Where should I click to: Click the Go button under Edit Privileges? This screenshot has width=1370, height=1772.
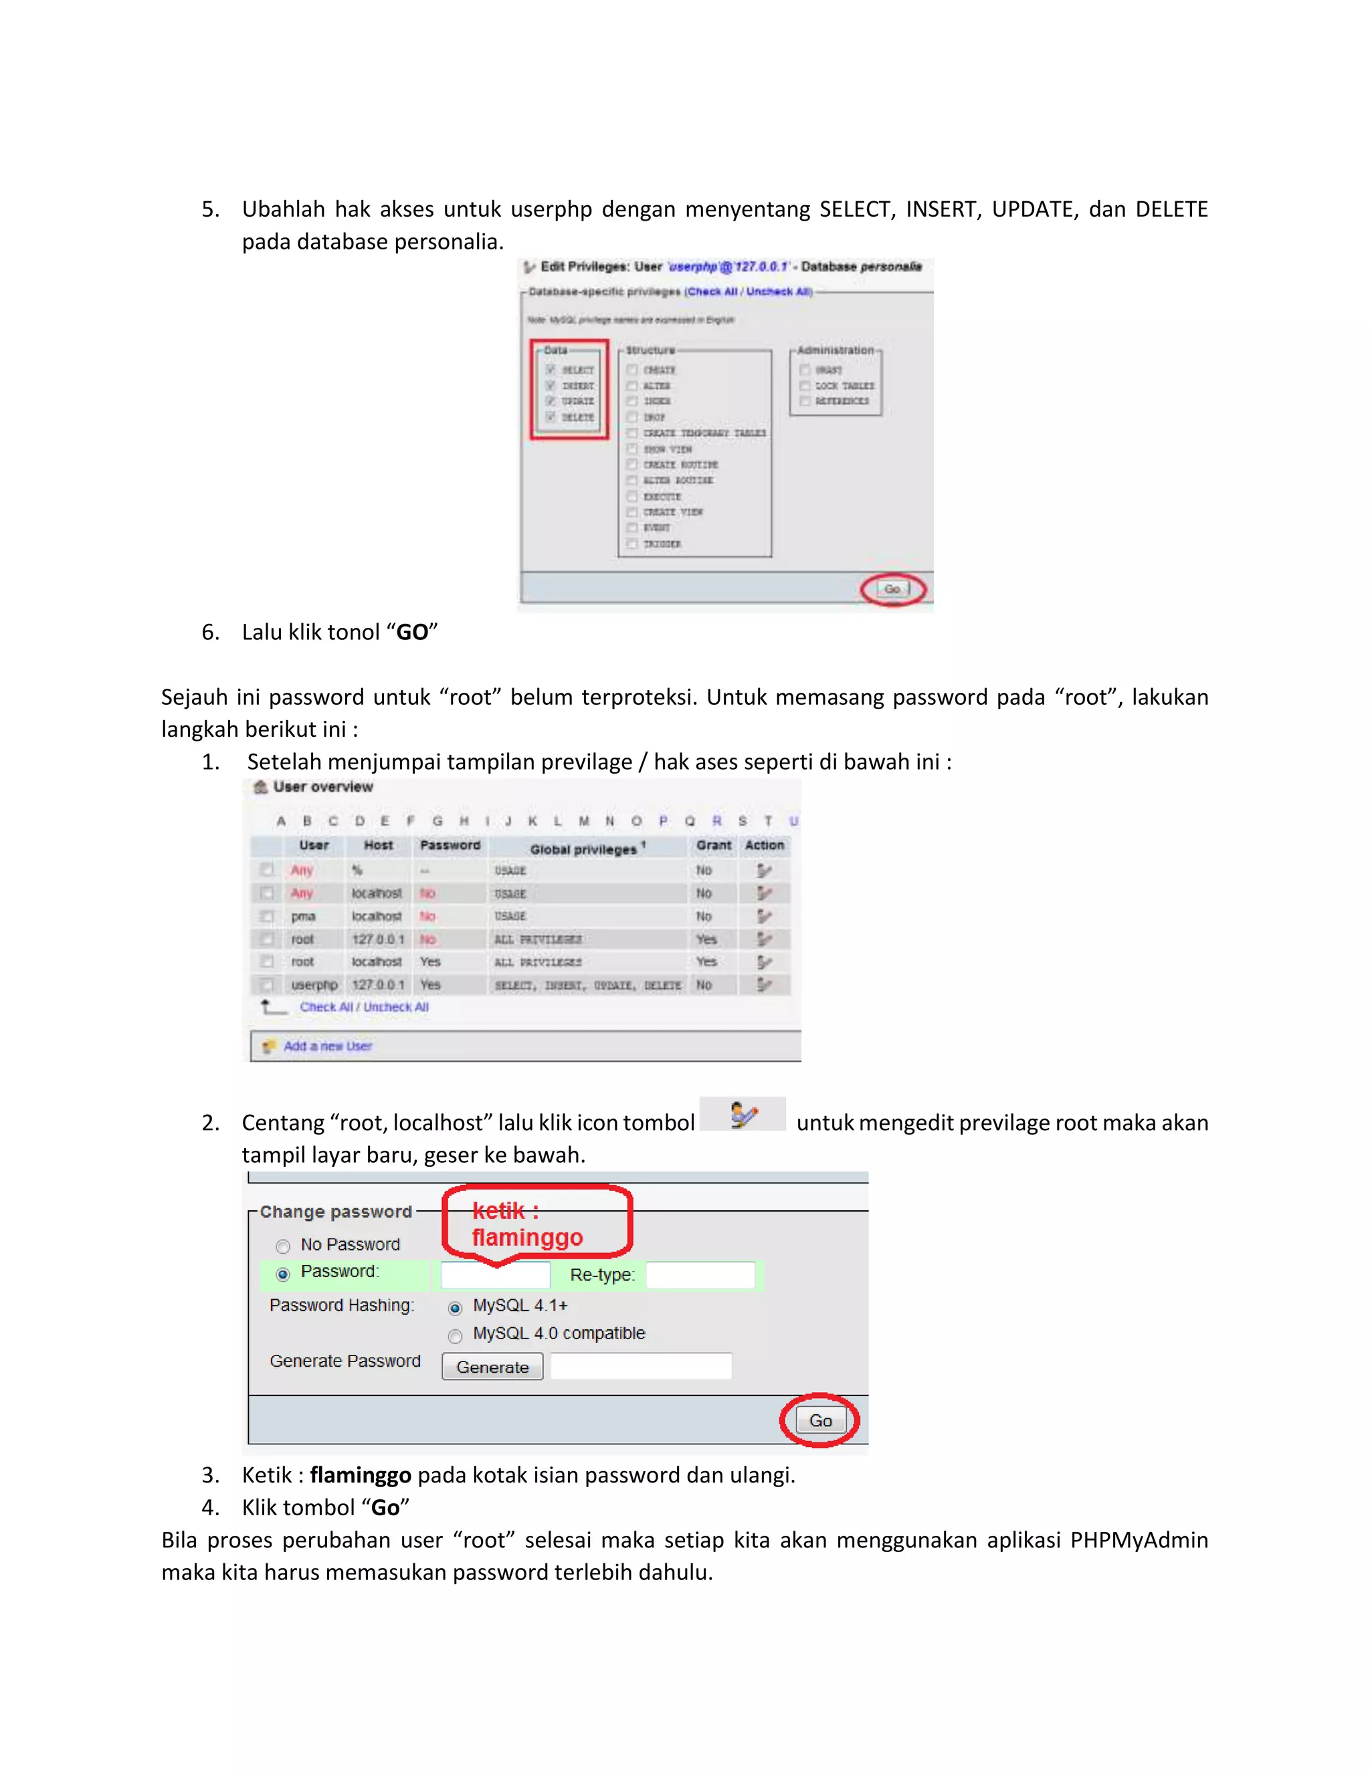coord(892,589)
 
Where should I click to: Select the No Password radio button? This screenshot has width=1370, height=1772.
coord(282,1246)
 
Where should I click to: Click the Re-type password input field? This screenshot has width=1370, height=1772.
coord(700,1275)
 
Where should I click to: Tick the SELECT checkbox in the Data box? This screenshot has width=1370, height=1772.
coord(551,370)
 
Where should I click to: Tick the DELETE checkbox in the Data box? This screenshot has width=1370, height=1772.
coord(551,417)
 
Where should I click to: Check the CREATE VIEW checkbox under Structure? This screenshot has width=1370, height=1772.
coord(631,512)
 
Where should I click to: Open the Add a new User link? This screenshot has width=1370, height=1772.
coord(327,1046)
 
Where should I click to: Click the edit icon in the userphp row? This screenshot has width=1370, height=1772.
coord(764,985)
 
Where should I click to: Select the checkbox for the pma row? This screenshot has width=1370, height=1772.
coord(266,916)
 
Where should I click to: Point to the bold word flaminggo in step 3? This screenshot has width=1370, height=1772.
coord(361,1474)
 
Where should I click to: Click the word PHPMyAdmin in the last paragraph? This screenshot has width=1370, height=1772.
coord(1139,1539)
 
